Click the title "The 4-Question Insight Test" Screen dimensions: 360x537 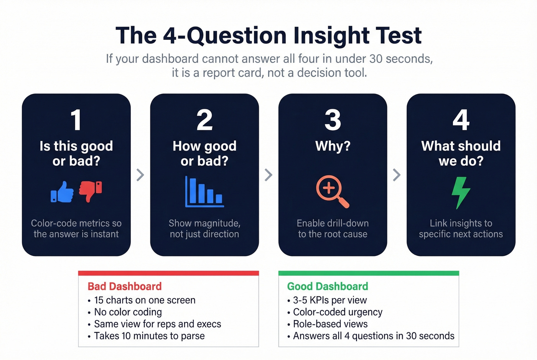click(268, 36)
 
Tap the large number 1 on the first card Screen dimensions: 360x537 click(76, 120)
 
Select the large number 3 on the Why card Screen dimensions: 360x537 click(333, 120)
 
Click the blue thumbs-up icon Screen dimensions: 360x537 click(63, 192)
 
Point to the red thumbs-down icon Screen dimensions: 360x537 click(91, 191)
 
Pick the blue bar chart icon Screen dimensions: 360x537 click(204, 192)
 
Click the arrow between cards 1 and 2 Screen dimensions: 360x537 click(140, 175)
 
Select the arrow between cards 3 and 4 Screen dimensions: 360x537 click(397, 175)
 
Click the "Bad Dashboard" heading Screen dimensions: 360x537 click(125, 286)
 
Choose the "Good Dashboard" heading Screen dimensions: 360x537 click(328, 286)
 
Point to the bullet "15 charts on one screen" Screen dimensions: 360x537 click(145, 300)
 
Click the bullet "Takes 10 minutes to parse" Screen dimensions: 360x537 click(149, 336)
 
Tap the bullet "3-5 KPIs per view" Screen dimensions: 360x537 click(330, 300)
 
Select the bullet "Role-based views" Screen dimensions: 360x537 click(330, 324)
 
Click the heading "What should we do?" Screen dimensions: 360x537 click(461, 153)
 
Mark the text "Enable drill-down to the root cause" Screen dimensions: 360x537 click(333, 228)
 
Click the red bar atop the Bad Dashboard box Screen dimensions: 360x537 click(168, 273)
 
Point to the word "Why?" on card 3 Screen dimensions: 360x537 click(333, 146)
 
